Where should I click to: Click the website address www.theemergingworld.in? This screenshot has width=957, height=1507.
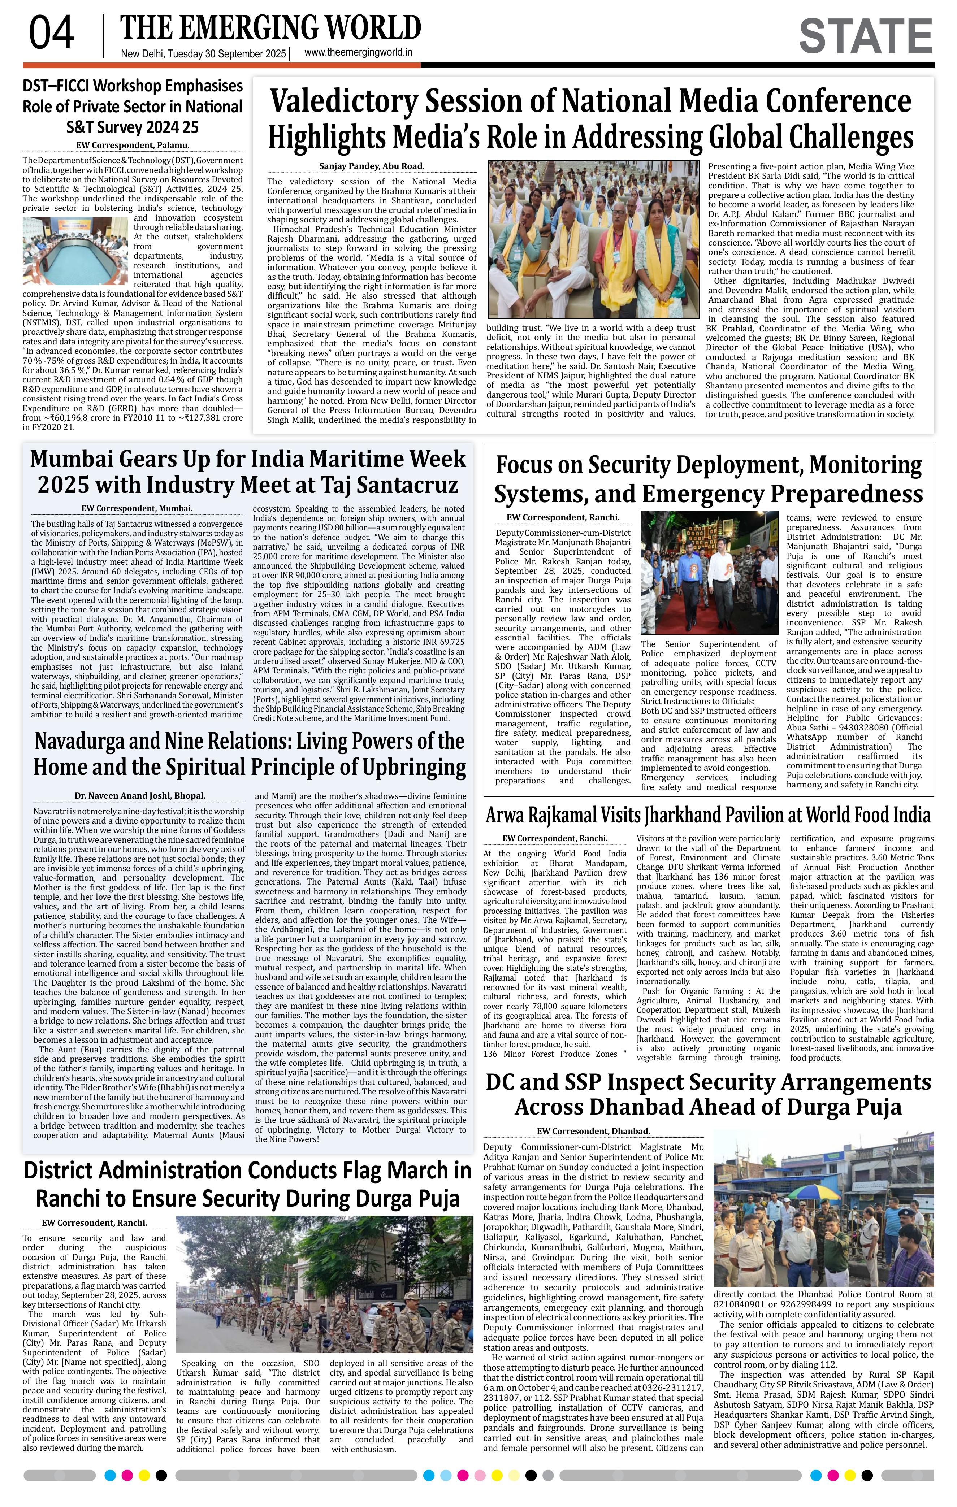pyautogui.click(x=358, y=53)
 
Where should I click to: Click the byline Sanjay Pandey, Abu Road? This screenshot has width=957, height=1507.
pyautogui.click(x=372, y=166)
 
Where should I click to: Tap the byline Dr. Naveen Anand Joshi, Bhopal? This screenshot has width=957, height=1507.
pyautogui.click(x=139, y=796)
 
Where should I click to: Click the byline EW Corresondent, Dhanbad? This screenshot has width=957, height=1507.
pyautogui.click(x=593, y=1131)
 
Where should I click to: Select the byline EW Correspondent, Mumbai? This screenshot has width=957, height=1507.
pyautogui.click(x=137, y=509)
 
